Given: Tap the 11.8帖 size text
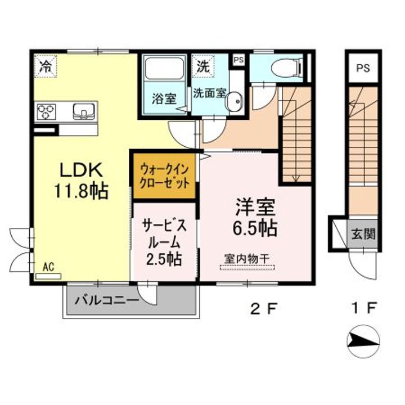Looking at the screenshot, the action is tap(80, 191).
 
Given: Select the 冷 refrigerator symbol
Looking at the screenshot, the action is tap(46, 66).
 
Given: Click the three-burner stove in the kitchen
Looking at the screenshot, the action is tap(47, 111).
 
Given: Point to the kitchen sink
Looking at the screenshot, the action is tap(84, 111).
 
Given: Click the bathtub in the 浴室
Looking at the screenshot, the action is tap(164, 69).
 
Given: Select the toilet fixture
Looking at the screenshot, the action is tap(287, 68).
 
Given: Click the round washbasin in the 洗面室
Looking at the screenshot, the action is tap(235, 101).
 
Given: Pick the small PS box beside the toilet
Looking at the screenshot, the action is tap(238, 60).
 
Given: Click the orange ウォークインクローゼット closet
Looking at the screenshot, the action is tap(164, 176).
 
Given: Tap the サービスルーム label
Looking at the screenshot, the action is tap(164, 234).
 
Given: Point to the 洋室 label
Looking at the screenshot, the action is tap(255, 207).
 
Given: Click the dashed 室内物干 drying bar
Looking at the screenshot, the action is tap(247, 267).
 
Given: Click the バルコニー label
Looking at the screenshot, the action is tap(107, 300).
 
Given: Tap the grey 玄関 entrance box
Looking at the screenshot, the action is tap(363, 234).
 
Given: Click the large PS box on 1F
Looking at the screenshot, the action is tap(363, 68).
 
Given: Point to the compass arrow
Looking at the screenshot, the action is tap(363, 341).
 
